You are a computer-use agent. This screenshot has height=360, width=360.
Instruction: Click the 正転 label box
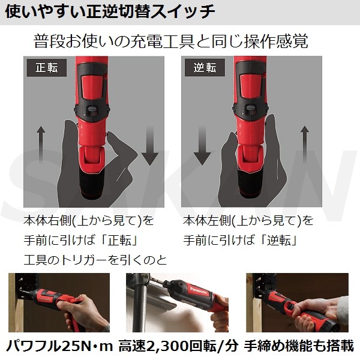pyautogui.click(x=47, y=68)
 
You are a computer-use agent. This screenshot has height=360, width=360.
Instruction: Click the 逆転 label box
pyautogui.click(x=205, y=68)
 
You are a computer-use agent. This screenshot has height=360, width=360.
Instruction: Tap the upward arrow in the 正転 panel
pyautogui.click(x=41, y=144)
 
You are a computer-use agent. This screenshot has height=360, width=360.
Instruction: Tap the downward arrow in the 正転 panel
pyautogui.click(x=149, y=145)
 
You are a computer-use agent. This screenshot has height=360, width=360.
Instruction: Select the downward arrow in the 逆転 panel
pyautogui.click(x=202, y=145)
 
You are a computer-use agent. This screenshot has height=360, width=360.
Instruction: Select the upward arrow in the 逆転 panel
pyautogui.click(x=305, y=144)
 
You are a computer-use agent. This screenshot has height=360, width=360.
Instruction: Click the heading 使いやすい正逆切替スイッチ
pyautogui.click(x=110, y=11)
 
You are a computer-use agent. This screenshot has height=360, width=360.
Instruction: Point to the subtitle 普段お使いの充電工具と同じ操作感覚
pyautogui.click(x=171, y=41)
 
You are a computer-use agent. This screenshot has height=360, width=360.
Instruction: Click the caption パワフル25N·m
pyautogui.click(x=59, y=346)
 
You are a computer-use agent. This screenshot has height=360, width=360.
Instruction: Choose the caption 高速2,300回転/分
pyautogui.click(x=178, y=346)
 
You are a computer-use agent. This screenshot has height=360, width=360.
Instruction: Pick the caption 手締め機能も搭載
pyautogui.click(x=299, y=346)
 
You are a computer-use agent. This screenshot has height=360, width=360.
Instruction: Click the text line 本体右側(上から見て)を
pyautogui.click(x=89, y=221)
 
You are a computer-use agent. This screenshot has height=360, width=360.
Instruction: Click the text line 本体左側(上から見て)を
pyautogui.click(x=248, y=221)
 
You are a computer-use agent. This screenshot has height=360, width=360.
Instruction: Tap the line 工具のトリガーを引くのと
pyautogui.click(x=95, y=260)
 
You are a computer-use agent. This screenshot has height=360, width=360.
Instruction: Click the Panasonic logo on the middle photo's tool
pyautogui.click(x=199, y=290)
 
